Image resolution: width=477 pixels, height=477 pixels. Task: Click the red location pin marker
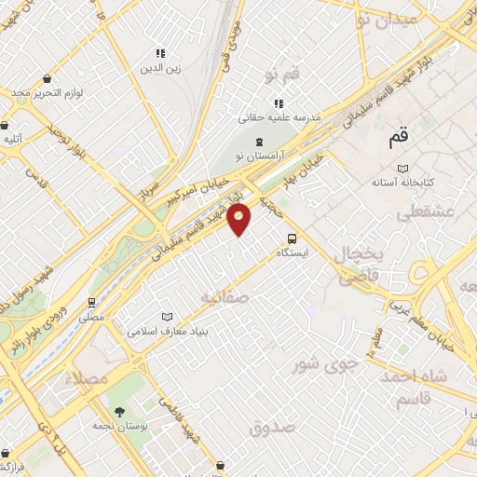pos(239,219)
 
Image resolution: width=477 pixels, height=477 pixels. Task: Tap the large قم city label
pos(398,138)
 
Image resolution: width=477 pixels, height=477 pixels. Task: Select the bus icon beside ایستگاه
pos(293,238)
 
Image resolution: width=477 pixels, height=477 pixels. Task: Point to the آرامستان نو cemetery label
pos(258,155)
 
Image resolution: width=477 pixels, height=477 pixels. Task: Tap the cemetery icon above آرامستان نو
pos(258,140)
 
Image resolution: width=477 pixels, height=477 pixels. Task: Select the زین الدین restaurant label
pos(159,68)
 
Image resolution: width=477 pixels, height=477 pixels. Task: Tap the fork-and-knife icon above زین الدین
pos(159,54)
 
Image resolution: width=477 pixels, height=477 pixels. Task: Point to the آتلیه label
pos(12,139)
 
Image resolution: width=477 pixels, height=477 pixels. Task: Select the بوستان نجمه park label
pos(121,426)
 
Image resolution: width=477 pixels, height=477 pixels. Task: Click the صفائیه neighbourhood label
pos(225,296)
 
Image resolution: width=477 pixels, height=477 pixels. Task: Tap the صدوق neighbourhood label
pos(272,428)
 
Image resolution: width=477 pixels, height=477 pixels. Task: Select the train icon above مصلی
pos(91,303)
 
